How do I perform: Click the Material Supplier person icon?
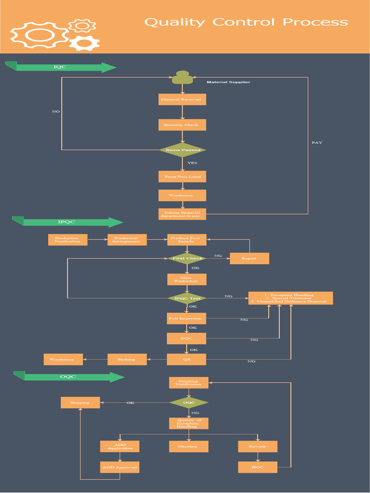point(182,78)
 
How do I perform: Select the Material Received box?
point(182,100)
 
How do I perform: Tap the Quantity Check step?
point(182,125)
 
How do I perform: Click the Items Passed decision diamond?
point(183,150)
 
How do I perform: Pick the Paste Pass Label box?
point(182,177)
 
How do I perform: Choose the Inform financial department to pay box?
point(182,214)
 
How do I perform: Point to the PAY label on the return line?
point(317,143)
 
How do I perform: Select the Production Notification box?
point(67,240)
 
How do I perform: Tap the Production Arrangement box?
point(127,240)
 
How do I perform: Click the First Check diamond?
point(187,259)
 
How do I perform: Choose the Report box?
point(249,259)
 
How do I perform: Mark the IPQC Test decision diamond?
point(187,298)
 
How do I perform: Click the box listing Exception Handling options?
point(290,298)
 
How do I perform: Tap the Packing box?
point(127,359)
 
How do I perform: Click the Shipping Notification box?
point(188,383)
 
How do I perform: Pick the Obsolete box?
point(188,447)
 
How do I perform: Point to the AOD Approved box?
point(119,467)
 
